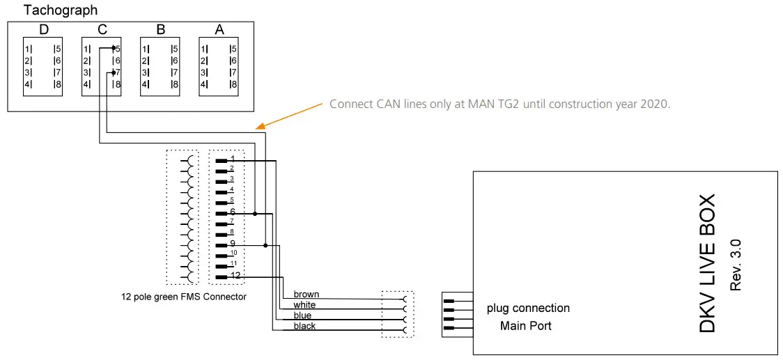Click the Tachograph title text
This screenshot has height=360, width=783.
click(x=61, y=10)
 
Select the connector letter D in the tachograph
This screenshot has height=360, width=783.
click(x=43, y=30)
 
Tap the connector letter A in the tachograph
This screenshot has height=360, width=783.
click(x=219, y=30)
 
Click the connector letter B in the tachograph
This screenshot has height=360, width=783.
click(x=160, y=30)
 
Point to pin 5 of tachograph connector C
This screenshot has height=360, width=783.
click(x=118, y=49)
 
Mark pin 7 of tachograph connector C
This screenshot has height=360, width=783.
click(x=118, y=72)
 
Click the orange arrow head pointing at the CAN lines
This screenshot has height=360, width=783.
click(x=260, y=127)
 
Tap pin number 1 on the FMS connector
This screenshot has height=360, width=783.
click(x=232, y=159)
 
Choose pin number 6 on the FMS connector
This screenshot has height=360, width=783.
click(x=232, y=212)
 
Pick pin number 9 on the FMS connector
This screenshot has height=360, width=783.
click(x=232, y=244)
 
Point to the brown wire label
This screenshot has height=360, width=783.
click(x=307, y=295)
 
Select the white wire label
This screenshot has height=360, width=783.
click(x=304, y=305)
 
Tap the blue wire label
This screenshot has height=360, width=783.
click(x=302, y=315)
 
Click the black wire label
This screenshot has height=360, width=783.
click(x=304, y=326)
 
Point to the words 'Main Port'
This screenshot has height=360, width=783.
click(x=525, y=325)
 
